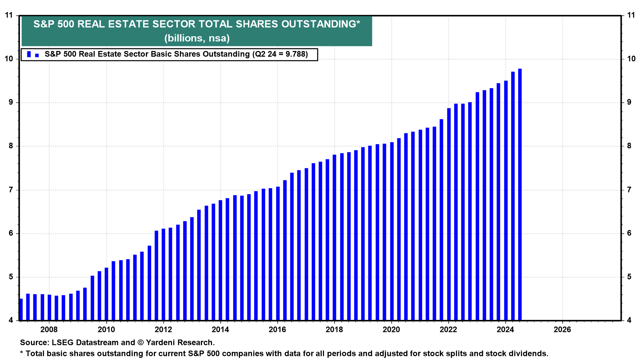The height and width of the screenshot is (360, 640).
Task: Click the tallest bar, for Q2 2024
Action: (x=520, y=193)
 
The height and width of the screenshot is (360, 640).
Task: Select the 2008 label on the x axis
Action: (x=49, y=330)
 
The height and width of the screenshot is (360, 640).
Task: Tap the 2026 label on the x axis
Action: (x=562, y=330)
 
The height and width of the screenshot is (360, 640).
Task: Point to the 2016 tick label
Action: (x=277, y=330)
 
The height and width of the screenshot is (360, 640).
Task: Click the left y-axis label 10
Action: (x=9, y=59)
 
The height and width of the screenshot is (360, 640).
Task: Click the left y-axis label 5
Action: (x=11, y=277)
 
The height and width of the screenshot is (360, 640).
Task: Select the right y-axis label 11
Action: (x=631, y=15)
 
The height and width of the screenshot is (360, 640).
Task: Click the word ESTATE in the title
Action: (x=127, y=24)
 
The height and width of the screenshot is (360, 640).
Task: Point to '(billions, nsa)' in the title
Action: (x=197, y=38)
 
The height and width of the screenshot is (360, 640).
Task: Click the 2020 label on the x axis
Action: (x=391, y=330)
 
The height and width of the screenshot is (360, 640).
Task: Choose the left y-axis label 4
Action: (x=11, y=320)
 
